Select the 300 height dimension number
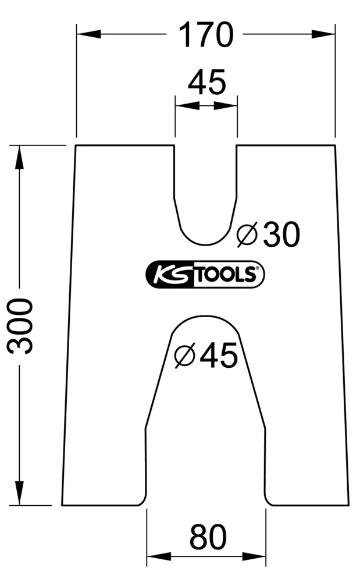[22, 325]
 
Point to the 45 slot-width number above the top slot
[206, 82]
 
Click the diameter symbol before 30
[247, 235]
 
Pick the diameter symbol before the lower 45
[184, 355]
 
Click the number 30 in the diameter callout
[281, 234]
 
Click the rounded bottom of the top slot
[205, 243]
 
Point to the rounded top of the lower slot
[205, 317]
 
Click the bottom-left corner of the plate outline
[63, 505]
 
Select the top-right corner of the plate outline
[335, 145]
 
